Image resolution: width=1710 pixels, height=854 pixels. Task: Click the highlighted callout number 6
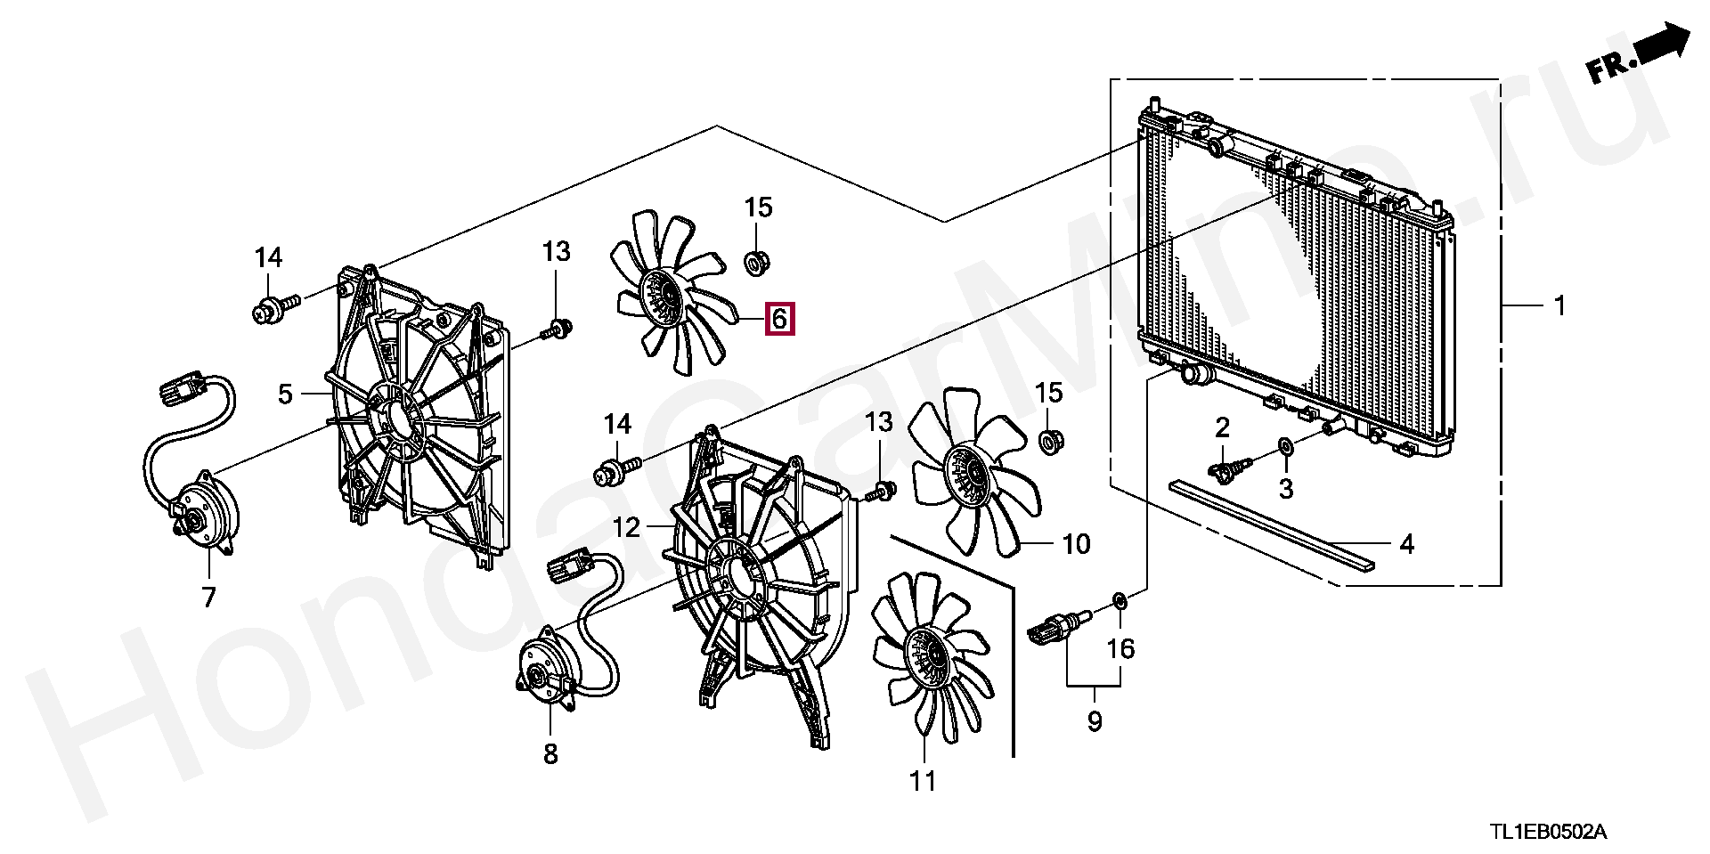(779, 318)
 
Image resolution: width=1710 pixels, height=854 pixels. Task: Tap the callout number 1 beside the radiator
(1559, 306)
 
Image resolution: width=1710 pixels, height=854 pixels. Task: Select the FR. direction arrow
(1638, 54)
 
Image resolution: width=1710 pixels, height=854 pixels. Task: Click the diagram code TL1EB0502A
(1549, 832)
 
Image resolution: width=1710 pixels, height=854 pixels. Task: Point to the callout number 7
(208, 596)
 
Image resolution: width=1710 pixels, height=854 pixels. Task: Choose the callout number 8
(550, 753)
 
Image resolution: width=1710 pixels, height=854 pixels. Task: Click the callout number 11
(923, 781)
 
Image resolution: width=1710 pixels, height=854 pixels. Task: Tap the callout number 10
(1076, 543)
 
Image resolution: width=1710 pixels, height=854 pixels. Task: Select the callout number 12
(626, 527)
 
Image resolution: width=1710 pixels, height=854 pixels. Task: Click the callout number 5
(285, 394)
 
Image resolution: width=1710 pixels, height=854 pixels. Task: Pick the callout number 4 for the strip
(1406, 543)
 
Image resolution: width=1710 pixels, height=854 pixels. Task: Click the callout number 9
(1095, 720)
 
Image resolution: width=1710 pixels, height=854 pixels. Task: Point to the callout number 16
(1120, 648)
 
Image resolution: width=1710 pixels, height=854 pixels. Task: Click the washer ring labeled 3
(1285, 445)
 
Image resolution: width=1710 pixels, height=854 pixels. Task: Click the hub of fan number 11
(927, 658)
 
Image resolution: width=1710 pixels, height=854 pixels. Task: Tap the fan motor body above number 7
(207, 515)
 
